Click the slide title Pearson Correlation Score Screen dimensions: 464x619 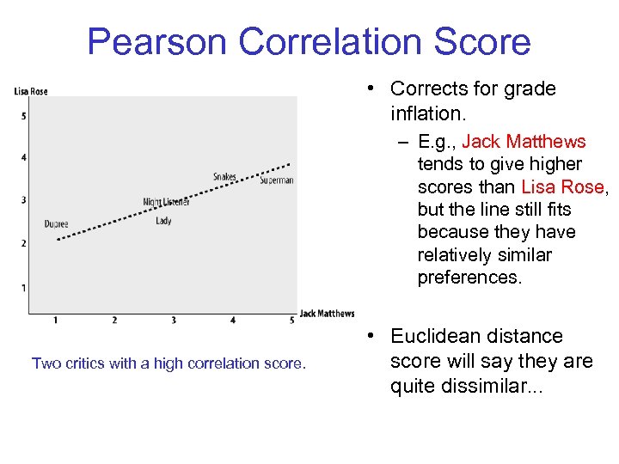tap(309, 41)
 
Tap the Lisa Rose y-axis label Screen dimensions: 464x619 tap(31, 92)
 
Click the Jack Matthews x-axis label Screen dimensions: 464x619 tap(327, 314)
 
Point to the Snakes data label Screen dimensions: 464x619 tap(224, 177)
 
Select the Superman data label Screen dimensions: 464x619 tap(277, 180)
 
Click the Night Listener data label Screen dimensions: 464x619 tap(166, 203)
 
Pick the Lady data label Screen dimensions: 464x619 tap(163, 221)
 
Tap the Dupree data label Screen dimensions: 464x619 tap(57, 224)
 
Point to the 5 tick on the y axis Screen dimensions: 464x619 tap(23, 116)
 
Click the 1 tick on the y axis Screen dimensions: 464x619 tap(23, 287)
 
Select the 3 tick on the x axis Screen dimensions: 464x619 tap(174, 321)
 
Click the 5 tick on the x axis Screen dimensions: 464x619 tap(291, 321)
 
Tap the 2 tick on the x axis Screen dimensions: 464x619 tap(114, 321)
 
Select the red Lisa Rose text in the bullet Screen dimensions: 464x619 tap(562, 187)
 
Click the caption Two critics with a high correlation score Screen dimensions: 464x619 tap(169, 363)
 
